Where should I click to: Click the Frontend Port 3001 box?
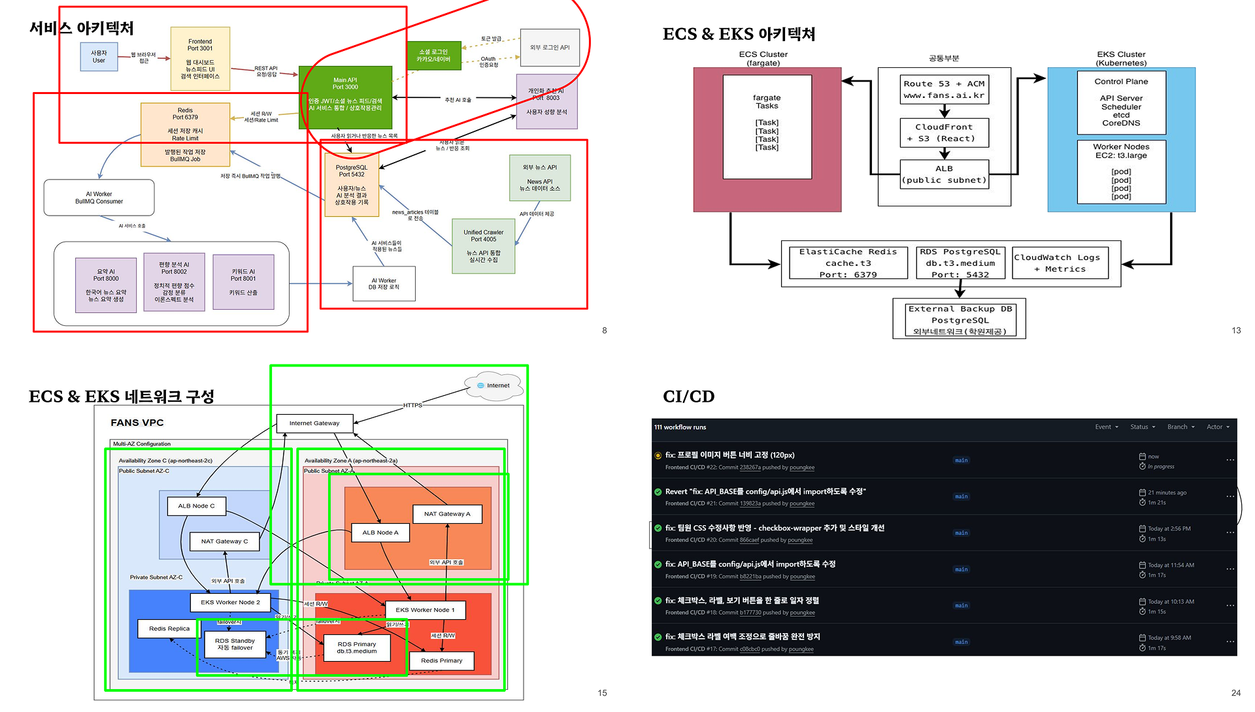tap(200, 58)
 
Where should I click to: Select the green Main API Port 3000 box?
tap(345, 96)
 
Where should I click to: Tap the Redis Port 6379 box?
tap(185, 134)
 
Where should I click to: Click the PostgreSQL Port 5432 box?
tap(352, 185)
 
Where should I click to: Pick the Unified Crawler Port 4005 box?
tap(483, 246)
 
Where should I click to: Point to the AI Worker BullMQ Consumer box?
tap(99, 197)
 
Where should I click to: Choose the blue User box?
tap(99, 57)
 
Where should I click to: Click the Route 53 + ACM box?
tap(944, 89)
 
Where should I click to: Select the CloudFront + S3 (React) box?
tap(944, 133)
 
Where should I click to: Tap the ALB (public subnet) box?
tap(944, 174)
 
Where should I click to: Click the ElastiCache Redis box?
tap(848, 263)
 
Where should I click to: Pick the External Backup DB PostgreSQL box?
tap(960, 319)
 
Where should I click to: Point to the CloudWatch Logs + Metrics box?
tap(1060, 263)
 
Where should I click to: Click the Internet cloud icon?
tap(494, 385)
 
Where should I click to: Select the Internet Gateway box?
tap(314, 423)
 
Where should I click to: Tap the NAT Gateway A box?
tap(447, 514)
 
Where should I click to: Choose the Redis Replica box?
tap(169, 628)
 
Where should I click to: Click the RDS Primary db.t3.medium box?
tap(356, 647)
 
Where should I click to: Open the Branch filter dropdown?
tap(1180, 427)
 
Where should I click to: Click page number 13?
tap(1235, 331)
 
